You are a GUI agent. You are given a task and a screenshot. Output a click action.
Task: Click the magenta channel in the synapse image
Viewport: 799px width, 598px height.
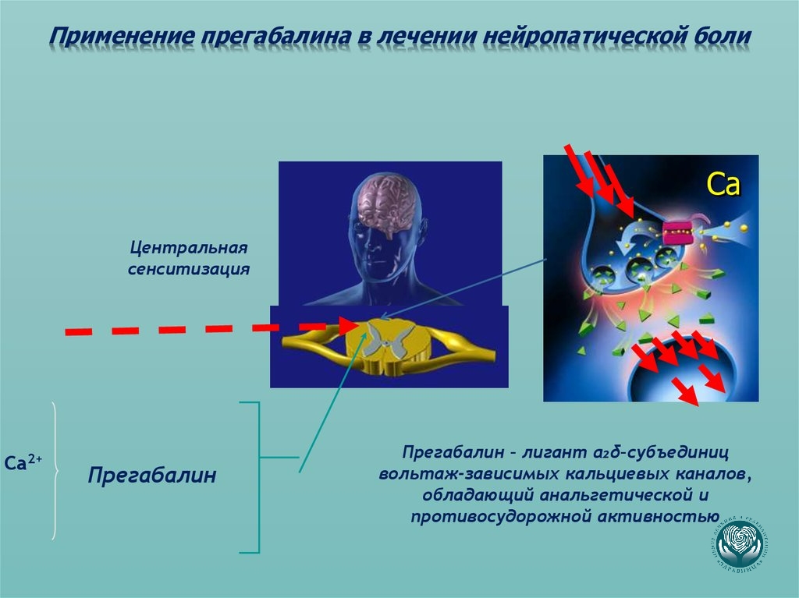pyautogui.click(x=679, y=232)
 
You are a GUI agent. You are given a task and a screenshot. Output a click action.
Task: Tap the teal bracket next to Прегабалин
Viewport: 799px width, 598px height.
pyautogui.click(x=257, y=476)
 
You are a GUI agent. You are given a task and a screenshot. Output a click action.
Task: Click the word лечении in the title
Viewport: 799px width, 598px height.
pyautogui.click(x=422, y=37)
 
